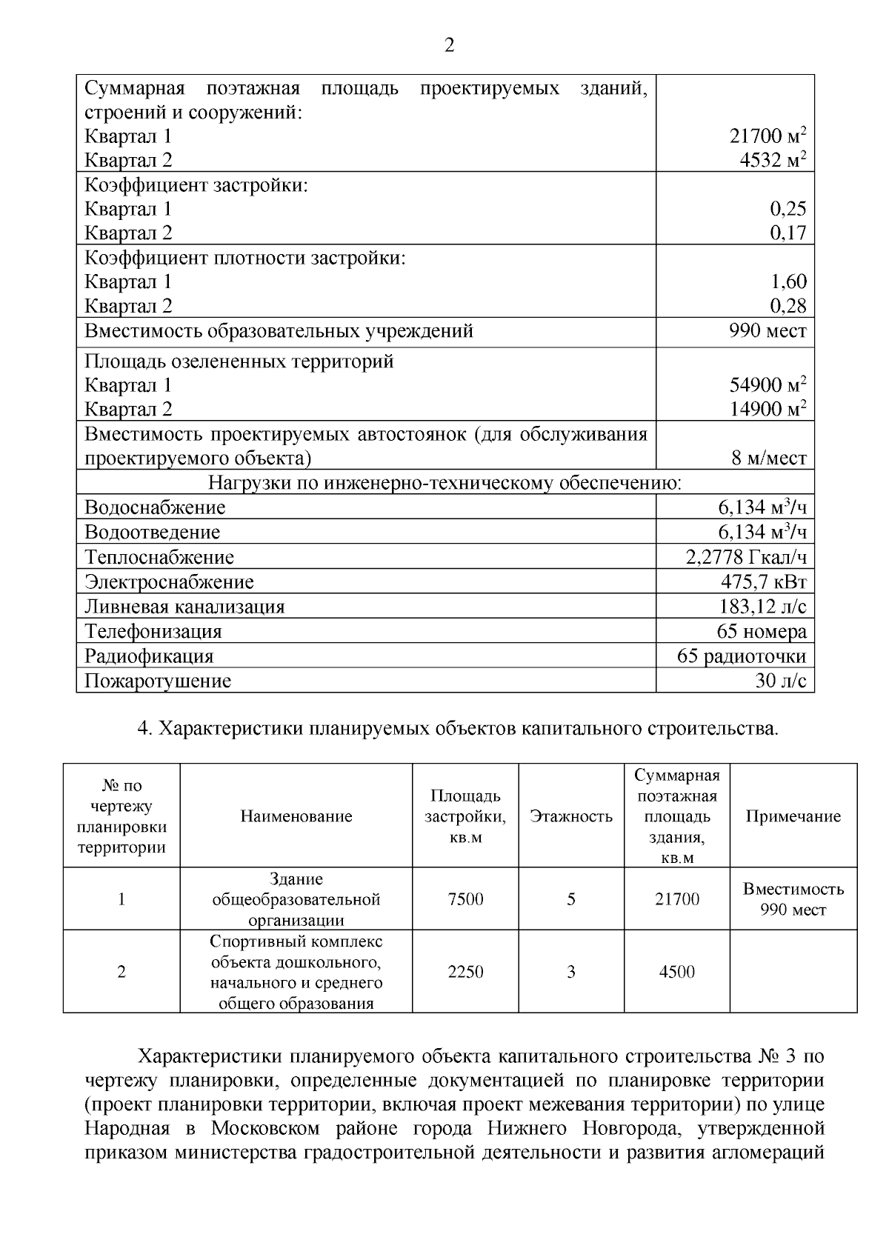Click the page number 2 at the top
449,46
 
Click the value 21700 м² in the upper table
768,136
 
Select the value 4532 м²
773,160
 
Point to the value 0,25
788,209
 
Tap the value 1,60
788,281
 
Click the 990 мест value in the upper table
768,330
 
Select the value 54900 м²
768,385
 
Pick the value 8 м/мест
769,459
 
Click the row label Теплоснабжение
159,557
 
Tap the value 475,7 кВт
763,581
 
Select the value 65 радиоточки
742,656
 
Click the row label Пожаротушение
158,681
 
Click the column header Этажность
571,816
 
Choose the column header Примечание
793,816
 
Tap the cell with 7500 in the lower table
465,899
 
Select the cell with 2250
465,972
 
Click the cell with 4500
677,972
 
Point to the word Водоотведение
153,533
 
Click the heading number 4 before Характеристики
144,729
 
